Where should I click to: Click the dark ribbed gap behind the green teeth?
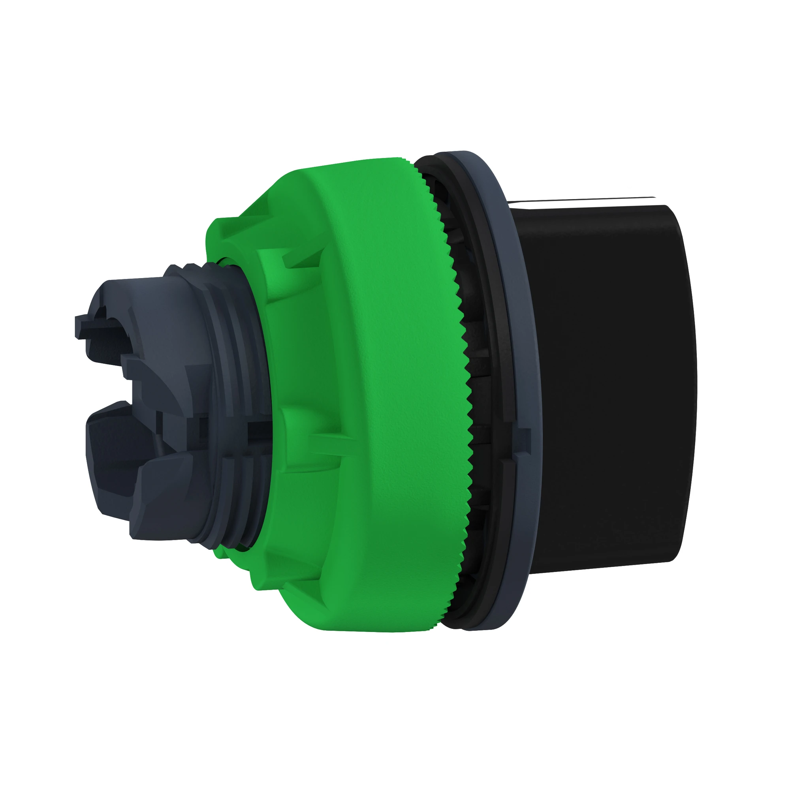476,388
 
